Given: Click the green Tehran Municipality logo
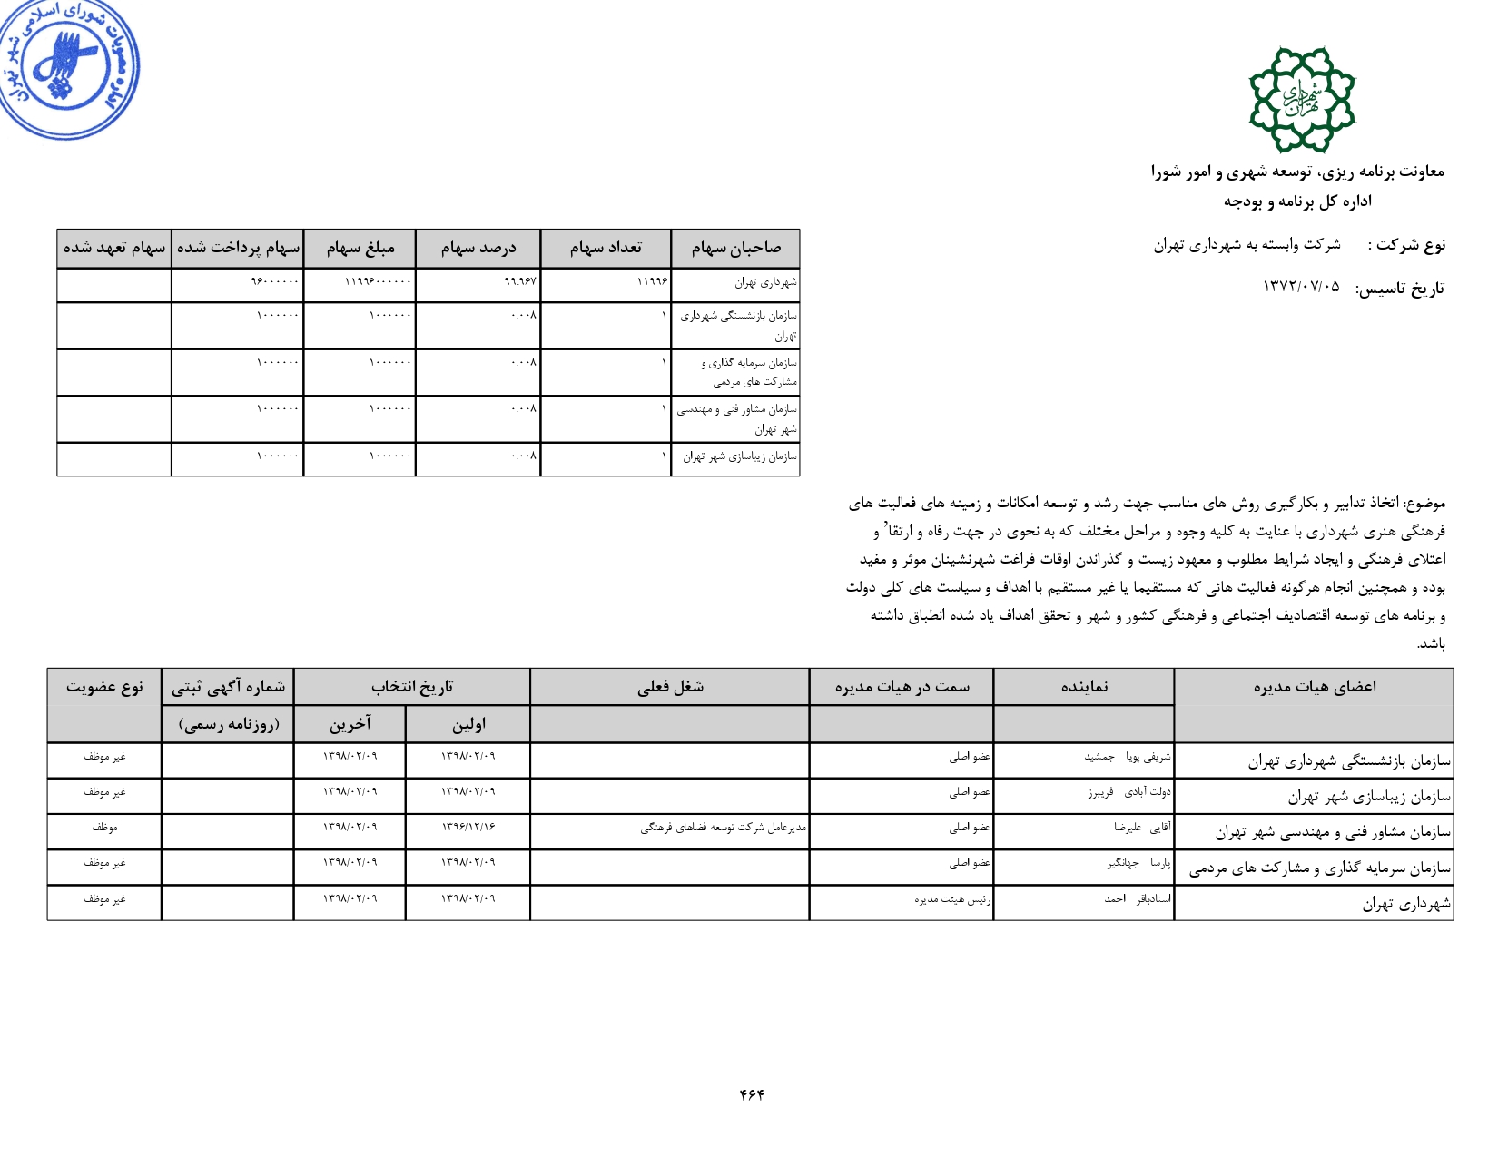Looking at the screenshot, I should point(1302,100).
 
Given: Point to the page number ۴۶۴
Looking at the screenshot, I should point(752,1094).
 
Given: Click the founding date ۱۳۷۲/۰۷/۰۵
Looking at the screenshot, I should point(1301,288).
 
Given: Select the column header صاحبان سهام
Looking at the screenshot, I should point(735,248).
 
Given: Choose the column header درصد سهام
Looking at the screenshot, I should point(478,248).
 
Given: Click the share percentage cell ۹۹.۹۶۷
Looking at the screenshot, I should point(520,282).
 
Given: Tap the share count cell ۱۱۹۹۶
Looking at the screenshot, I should point(652,282).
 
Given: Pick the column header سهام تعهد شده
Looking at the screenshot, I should point(114,248).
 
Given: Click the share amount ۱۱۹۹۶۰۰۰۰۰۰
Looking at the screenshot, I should point(378,282).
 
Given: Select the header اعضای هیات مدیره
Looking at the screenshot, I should point(1314,687).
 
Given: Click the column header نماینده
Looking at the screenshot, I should point(1084,687).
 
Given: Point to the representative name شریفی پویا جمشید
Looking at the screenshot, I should point(1127,757).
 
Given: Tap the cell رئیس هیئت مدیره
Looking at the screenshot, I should point(952,899).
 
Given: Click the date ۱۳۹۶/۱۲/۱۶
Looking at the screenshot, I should point(468,828).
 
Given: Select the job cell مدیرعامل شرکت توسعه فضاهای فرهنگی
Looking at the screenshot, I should point(723,828).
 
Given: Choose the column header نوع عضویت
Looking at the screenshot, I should point(104,687).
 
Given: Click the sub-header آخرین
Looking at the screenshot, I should point(350,724).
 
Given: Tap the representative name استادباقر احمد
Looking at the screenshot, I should point(1137,899).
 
